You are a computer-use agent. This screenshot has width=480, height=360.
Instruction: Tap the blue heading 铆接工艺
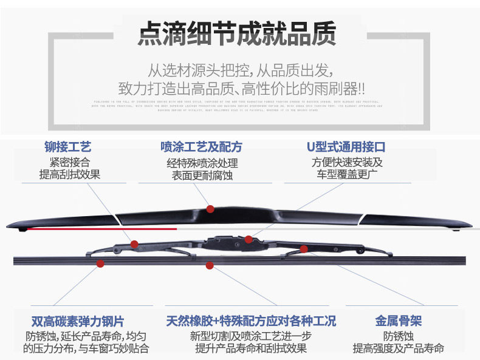68,147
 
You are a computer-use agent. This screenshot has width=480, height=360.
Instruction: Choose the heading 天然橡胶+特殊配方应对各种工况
251,322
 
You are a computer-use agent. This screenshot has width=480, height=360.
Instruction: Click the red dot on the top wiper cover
210,209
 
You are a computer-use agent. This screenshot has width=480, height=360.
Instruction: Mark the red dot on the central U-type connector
249,239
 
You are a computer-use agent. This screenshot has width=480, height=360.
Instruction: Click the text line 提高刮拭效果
69,175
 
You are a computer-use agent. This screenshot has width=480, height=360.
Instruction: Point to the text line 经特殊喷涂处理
202,163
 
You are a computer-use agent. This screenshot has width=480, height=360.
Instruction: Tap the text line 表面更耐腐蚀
202,175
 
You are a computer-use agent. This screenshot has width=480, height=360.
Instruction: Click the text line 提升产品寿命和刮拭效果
251,348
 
